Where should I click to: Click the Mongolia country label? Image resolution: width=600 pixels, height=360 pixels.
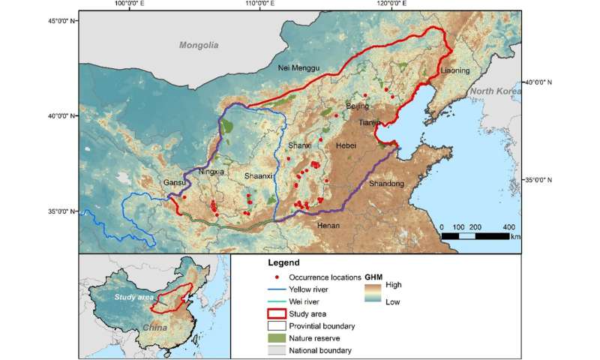coord(198,46)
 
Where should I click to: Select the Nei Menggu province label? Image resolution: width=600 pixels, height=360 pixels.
coord(298,67)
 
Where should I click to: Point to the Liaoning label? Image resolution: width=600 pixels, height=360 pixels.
coord(455,71)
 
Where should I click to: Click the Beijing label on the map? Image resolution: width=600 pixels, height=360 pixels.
coord(358,106)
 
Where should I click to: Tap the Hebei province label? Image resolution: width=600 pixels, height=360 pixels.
coord(346,145)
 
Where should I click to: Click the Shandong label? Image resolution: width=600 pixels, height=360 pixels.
coord(386,183)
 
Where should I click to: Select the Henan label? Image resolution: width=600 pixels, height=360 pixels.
coord(328,225)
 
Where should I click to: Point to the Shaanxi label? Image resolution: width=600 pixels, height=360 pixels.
coord(259,175)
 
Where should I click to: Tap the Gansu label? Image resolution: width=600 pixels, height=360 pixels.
coord(174,182)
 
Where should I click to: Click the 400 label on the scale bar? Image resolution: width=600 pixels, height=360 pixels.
coord(508,226)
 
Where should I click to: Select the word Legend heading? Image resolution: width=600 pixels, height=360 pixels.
coord(283,263)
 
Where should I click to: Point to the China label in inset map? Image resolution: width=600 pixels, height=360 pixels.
coord(156,328)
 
